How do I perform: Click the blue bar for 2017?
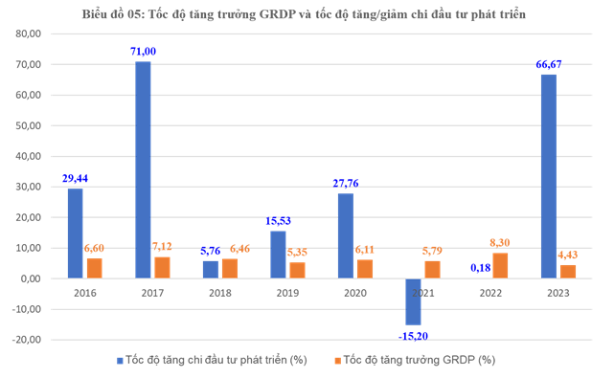[143, 169]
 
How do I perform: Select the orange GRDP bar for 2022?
[500, 266]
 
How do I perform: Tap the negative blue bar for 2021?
[413, 301]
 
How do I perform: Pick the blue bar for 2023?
[549, 176]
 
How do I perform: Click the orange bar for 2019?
[297, 271]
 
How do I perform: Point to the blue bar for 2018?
[211, 270]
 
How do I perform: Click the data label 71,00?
[143, 52]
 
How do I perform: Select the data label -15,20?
[413, 336]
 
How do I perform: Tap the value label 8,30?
[500, 243]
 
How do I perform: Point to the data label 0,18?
[481, 268]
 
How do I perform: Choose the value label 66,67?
[549, 64]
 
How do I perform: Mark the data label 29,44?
[75, 178]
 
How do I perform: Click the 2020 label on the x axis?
[355, 293]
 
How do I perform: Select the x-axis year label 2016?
[85, 293]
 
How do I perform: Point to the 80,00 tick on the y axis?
[28, 33]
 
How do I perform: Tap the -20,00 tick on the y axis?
[27, 340]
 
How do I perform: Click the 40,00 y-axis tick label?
[28, 156]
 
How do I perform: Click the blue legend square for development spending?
[120, 361]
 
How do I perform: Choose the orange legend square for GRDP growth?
[337, 361]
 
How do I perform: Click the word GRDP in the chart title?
[277, 14]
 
